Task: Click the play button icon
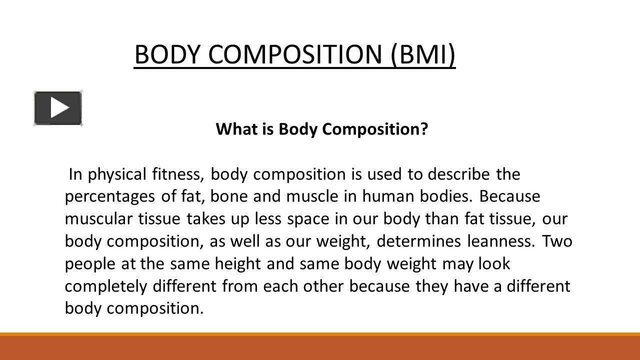(58, 108)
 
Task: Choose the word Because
(509, 196)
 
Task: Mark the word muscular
(94, 219)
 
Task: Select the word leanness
(500, 241)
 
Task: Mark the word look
(494, 264)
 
